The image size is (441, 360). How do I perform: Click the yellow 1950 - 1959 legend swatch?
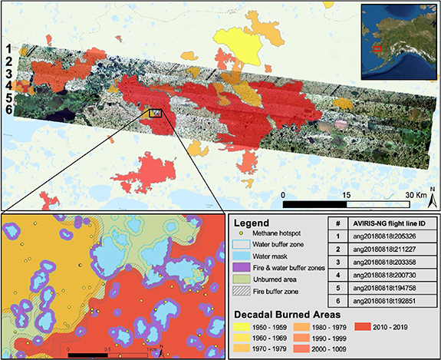pyautogui.click(x=242, y=326)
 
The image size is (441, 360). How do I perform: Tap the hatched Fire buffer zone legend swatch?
pyautogui.click(x=242, y=292)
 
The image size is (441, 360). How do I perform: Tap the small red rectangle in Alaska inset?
pyautogui.click(x=377, y=48)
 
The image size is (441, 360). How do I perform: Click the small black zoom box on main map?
pyautogui.click(x=156, y=113)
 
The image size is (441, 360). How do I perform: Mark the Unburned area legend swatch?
pyautogui.click(x=242, y=279)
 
